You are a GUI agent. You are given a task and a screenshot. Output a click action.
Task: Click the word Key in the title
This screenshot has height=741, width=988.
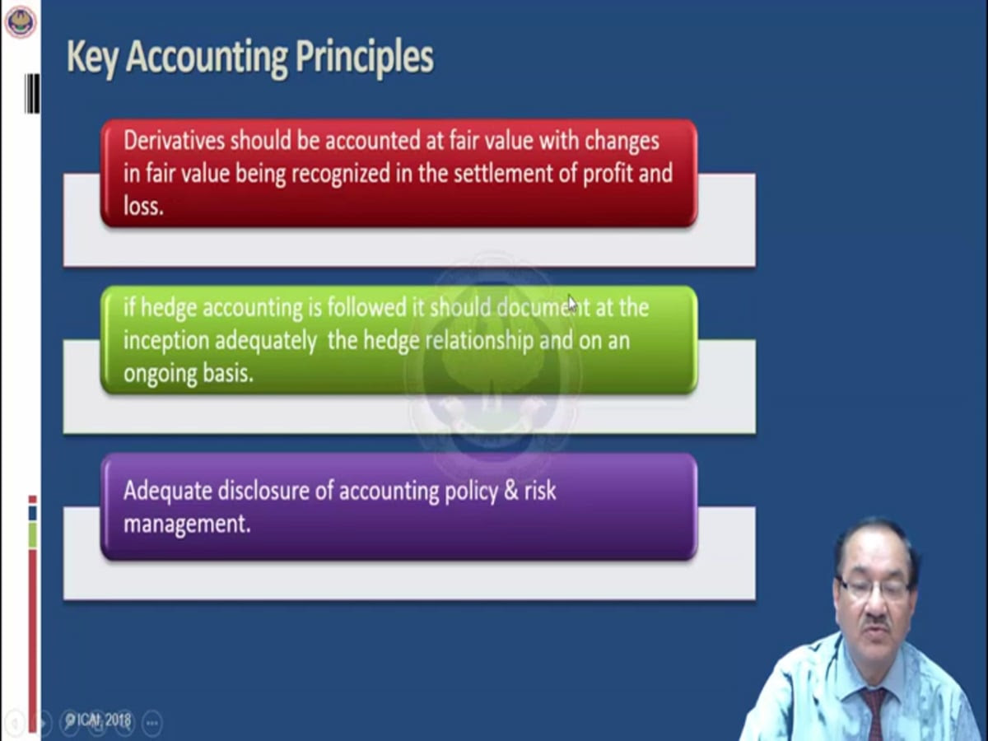pos(93,58)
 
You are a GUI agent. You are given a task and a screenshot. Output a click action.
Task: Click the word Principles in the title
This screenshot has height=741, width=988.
pos(364,58)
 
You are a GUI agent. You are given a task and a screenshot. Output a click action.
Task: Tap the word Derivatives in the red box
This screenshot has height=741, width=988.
pos(174,140)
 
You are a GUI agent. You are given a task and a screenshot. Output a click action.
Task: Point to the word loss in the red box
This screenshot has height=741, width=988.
pos(143,207)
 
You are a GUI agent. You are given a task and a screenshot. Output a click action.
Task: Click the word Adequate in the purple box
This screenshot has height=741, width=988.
pos(168,491)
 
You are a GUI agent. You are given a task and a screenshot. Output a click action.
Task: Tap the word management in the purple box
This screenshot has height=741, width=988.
pos(187,524)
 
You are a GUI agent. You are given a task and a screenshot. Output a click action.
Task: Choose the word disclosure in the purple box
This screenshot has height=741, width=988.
pos(263,491)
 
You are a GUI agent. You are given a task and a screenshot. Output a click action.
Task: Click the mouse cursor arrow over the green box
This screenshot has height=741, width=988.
pos(572,304)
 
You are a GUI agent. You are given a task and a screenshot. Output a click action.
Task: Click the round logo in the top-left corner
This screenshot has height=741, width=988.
pos(21,22)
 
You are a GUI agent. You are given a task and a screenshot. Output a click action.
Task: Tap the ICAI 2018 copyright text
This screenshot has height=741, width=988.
pos(99,720)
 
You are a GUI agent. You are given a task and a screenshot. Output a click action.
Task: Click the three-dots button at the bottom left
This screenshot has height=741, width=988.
pos(152,723)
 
